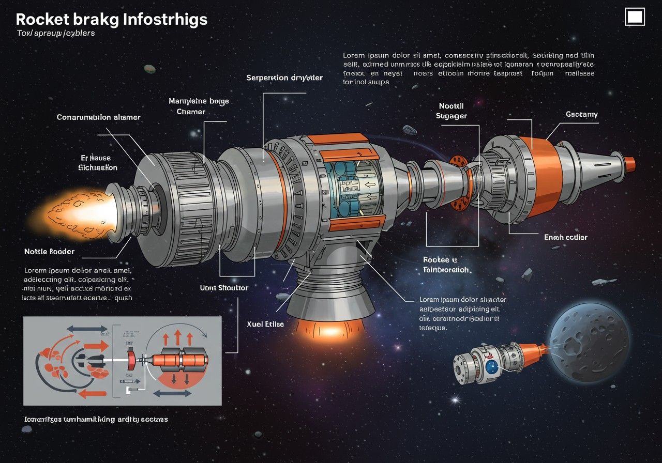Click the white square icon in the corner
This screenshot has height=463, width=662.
point(635,17)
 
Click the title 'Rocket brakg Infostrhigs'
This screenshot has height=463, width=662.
point(111,20)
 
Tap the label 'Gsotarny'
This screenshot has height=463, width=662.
point(581,114)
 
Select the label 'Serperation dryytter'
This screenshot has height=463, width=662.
point(284,78)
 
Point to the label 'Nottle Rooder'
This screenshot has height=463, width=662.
point(50,252)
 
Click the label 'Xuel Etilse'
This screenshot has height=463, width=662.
point(265,324)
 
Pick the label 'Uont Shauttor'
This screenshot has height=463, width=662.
point(224,287)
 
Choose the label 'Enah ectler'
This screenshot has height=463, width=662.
point(565,237)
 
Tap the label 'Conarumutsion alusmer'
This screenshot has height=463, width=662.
point(98,117)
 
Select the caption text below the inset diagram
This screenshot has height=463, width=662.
point(96,419)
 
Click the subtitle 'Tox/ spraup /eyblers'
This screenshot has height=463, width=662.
point(56,33)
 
